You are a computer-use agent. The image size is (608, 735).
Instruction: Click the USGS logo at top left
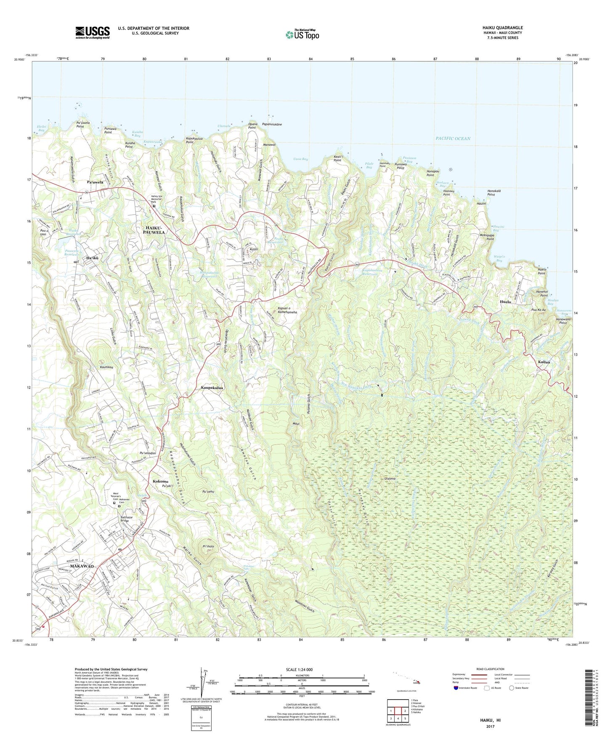(x=93, y=32)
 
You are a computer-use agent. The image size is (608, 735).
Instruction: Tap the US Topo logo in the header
(x=302, y=34)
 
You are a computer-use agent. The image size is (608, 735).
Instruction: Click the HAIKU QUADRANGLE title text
(x=502, y=28)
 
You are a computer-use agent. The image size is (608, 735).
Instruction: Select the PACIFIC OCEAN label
(x=453, y=138)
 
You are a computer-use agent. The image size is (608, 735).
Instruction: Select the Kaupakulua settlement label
(x=212, y=388)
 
